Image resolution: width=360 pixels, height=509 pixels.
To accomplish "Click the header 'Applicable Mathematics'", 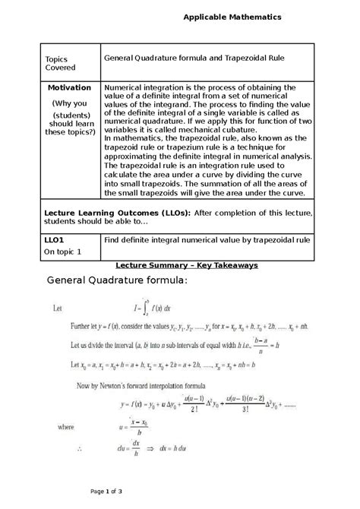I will point(232,16).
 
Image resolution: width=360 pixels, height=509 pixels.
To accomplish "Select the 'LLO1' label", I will point(55,239).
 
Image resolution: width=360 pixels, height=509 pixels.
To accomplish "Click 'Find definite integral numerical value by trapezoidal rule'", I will point(207,239).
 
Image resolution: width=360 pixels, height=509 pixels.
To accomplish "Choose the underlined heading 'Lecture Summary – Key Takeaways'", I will point(187,265).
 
